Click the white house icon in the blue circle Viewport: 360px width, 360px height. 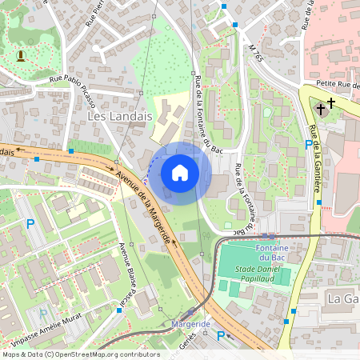pos(180,173)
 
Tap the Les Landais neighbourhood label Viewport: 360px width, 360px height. pos(118,116)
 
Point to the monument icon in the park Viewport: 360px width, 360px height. pos(20,55)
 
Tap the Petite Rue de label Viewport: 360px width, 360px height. pos(331,83)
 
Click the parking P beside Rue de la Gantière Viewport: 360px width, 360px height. pos(309,145)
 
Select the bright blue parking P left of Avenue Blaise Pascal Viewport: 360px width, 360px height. pos(31,224)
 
